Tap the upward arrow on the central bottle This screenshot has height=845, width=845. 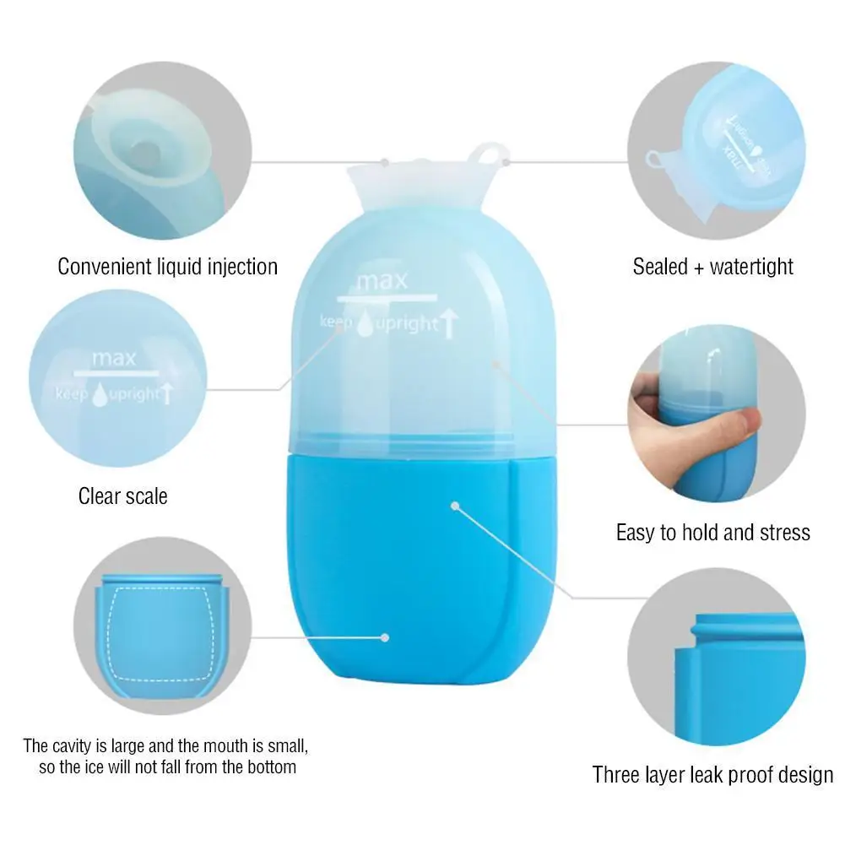(x=449, y=322)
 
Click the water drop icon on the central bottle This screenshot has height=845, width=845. (x=366, y=323)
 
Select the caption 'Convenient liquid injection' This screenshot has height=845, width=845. (x=167, y=267)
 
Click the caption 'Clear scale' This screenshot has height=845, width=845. (x=123, y=496)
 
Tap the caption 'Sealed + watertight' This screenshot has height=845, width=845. (x=712, y=267)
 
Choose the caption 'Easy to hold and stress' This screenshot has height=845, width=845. (x=712, y=533)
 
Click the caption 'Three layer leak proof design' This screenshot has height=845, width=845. (x=712, y=774)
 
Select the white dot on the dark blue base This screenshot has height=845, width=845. (x=455, y=506)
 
